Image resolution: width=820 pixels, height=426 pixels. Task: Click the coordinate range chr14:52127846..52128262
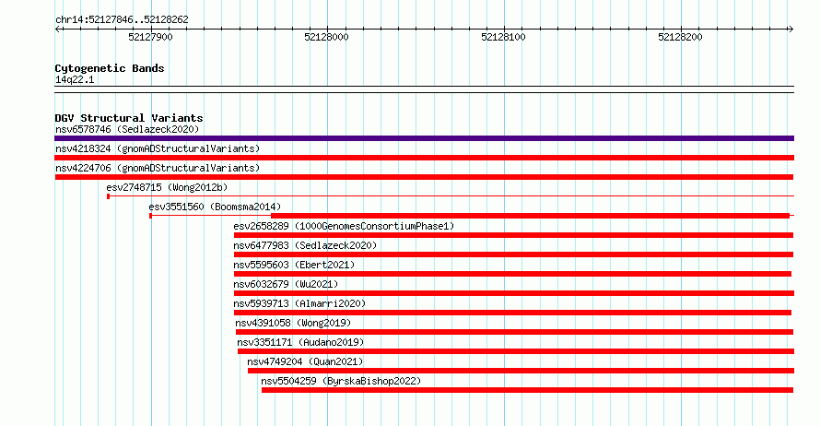click(x=122, y=20)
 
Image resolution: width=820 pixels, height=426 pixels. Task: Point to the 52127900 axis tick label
click(x=150, y=37)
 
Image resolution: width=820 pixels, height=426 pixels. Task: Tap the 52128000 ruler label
click(x=326, y=37)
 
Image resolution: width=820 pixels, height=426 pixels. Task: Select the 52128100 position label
click(x=503, y=37)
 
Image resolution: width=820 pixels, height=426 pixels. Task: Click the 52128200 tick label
click(x=680, y=37)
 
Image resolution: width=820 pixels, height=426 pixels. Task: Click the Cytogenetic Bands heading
click(x=110, y=68)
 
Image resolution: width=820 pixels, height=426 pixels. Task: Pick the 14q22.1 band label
click(x=75, y=79)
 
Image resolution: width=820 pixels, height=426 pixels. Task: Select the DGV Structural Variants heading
click(x=129, y=118)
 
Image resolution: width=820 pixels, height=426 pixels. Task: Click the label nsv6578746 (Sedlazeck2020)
click(x=127, y=129)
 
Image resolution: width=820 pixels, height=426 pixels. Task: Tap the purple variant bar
click(x=424, y=138)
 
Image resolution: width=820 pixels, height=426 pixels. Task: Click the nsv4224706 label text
click(x=158, y=168)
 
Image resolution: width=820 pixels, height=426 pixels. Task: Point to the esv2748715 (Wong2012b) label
click(x=167, y=187)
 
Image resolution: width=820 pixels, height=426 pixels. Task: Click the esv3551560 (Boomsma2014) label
click(x=215, y=207)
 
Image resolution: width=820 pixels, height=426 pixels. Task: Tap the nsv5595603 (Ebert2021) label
click(x=294, y=265)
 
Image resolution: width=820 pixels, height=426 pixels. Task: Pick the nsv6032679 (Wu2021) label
click(x=286, y=284)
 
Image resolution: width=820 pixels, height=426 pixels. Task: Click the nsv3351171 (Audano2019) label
click(x=300, y=342)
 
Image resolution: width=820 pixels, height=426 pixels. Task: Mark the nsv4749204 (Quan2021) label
click(x=305, y=361)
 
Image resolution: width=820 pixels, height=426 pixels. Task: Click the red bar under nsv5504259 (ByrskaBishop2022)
click(x=527, y=390)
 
